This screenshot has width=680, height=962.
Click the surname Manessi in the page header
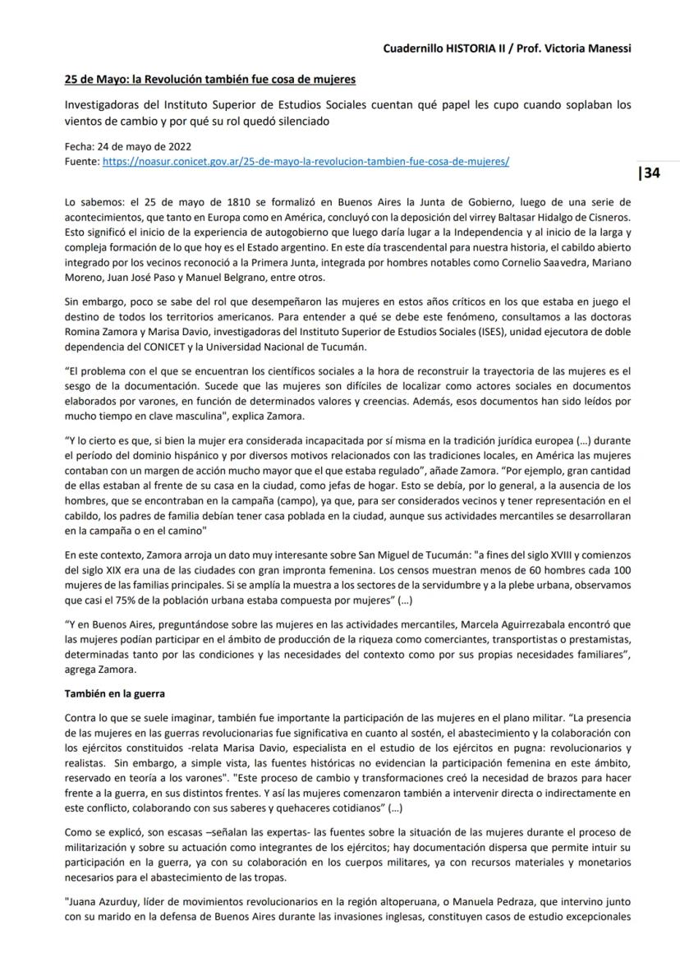[x=609, y=48]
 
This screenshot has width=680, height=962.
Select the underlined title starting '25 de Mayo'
[x=211, y=80]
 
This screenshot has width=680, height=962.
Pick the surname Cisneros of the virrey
[x=608, y=217]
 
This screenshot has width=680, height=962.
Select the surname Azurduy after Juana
[x=126, y=917]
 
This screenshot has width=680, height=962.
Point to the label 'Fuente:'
[x=81, y=163]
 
